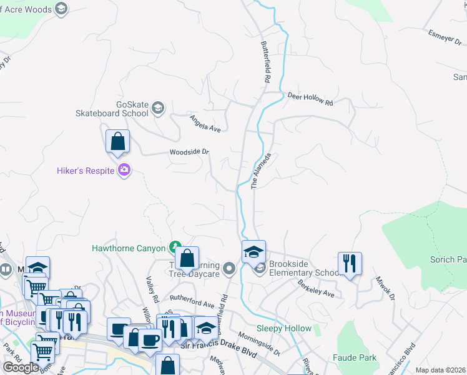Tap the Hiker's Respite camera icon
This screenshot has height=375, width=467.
coord(124,170)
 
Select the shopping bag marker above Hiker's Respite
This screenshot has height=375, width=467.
coord(117,142)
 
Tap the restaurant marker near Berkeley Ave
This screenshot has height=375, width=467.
coord(350,263)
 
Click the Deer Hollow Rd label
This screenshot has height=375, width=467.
coord(310,98)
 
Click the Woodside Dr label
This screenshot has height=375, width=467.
coord(189,152)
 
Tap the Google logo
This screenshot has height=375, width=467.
coord(21,367)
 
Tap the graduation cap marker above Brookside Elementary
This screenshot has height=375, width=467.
coord(253,252)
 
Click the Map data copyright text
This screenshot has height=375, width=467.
coord(441,370)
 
